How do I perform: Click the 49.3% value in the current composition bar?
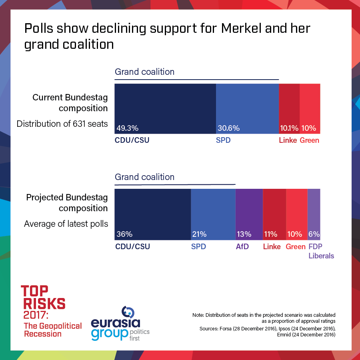pyautogui.click(x=128, y=128)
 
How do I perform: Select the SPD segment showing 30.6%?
pyautogui.click(x=247, y=109)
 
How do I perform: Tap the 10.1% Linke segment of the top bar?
pyautogui.click(x=289, y=109)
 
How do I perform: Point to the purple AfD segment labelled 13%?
pyautogui.click(x=249, y=214)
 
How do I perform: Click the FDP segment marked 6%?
pyautogui.click(x=314, y=214)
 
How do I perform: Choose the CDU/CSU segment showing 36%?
pyautogui.click(x=152, y=214)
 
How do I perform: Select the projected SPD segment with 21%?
pyautogui.click(x=213, y=214)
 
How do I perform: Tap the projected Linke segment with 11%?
pyautogui.click(x=274, y=214)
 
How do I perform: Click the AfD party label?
pyautogui.click(x=242, y=247)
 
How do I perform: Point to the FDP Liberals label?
pyautogui.click(x=321, y=251)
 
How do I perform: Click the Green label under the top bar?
pyautogui.click(x=309, y=140)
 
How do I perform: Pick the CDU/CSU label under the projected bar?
pyautogui.click(x=132, y=247)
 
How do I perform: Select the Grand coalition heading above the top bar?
pyautogui.click(x=144, y=72)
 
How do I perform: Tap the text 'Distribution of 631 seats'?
pyautogui.click(x=62, y=124)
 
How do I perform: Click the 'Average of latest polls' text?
pyautogui.click(x=66, y=224)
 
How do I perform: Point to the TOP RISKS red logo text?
pyautogui.click(x=43, y=297)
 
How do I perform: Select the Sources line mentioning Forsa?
pyautogui.click(x=267, y=328)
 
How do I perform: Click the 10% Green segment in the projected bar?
pyautogui.click(x=296, y=214)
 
